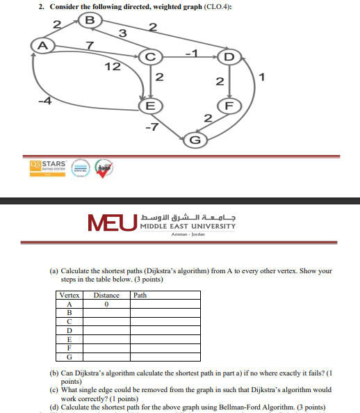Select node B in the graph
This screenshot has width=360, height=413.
(x=89, y=19)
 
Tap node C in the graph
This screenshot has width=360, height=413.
(x=150, y=56)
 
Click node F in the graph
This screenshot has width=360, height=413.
(x=228, y=106)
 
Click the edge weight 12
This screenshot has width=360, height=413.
(x=111, y=67)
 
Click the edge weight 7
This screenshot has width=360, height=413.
(x=89, y=46)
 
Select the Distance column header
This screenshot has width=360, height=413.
(x=106, y=295)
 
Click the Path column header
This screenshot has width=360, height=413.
(x=140, y=295)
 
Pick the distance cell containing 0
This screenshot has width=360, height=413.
(x=106, y=304)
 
